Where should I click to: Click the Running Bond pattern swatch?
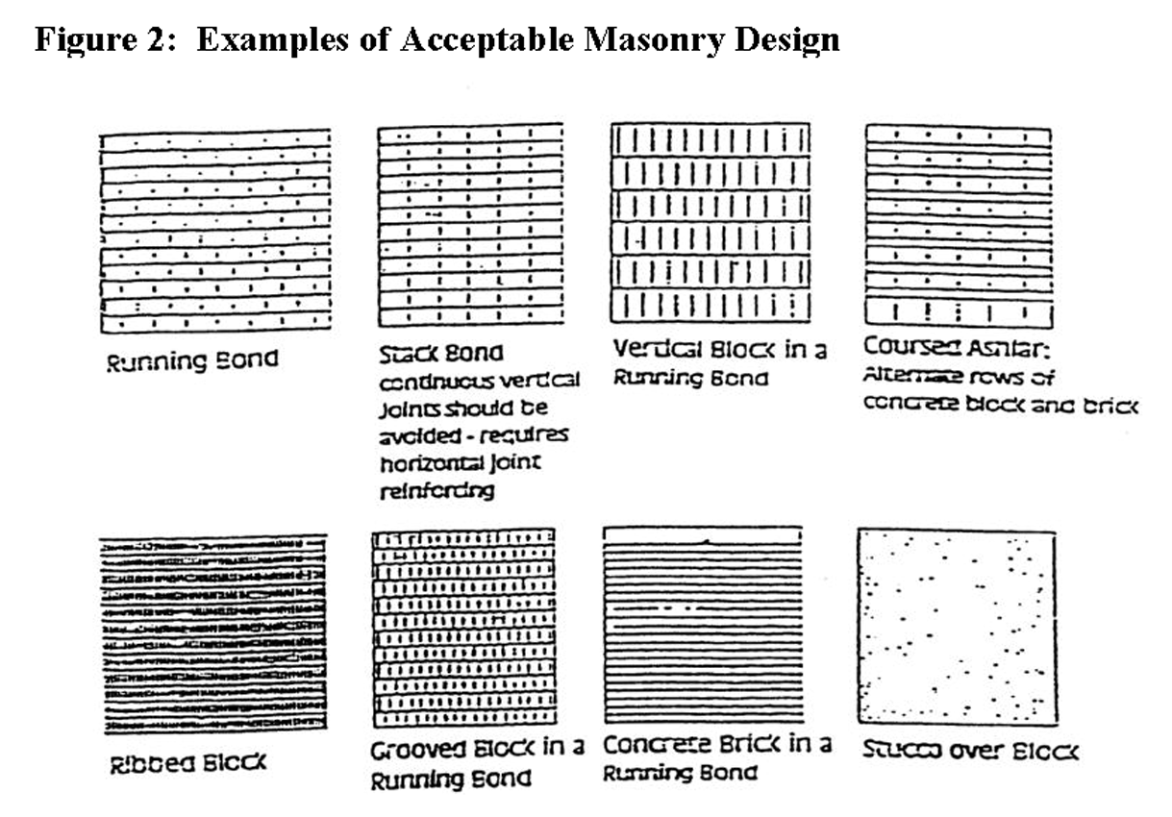tap(215, 231)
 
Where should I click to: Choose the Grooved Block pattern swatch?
tap(463, 627)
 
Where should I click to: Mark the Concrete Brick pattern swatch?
tap(703, 625)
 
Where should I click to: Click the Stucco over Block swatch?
tap(958, 627)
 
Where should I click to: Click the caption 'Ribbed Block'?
tap(187, 765)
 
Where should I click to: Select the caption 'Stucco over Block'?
tap(969, 750)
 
